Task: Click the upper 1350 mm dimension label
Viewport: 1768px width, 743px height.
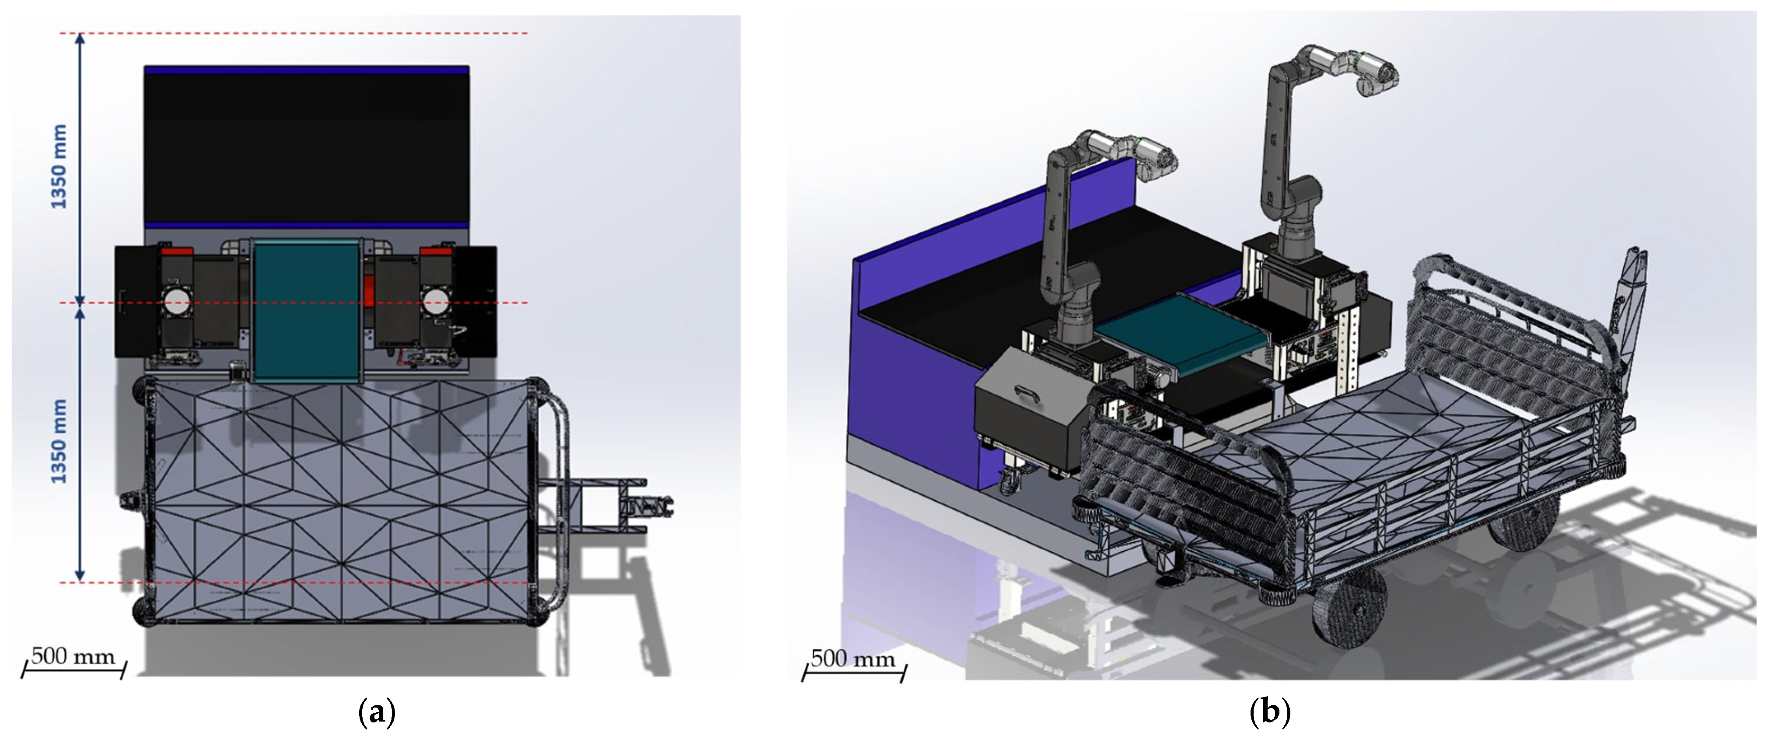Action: [60, 167]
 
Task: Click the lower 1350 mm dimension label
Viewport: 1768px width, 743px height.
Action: [60, 441]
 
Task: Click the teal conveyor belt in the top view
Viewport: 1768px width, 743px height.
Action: [307, 311]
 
